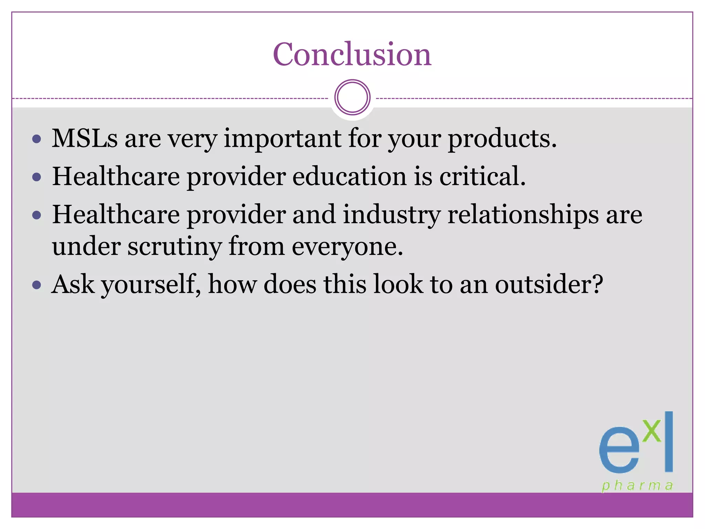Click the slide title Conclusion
[x=352, y=54]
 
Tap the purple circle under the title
[x=352, y=97]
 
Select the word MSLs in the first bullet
[x=85, y=138]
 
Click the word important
[x=282, y=138]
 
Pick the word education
[x=349, y=176]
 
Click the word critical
[x=482, y=176]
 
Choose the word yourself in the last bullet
[x=151, y=285]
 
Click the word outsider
[x=543, y=284]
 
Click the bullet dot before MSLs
[x=36, y=139]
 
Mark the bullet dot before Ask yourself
[x=36, y=285]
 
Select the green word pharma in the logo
[x=637, y=486]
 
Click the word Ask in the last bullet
[x=73, y=284]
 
